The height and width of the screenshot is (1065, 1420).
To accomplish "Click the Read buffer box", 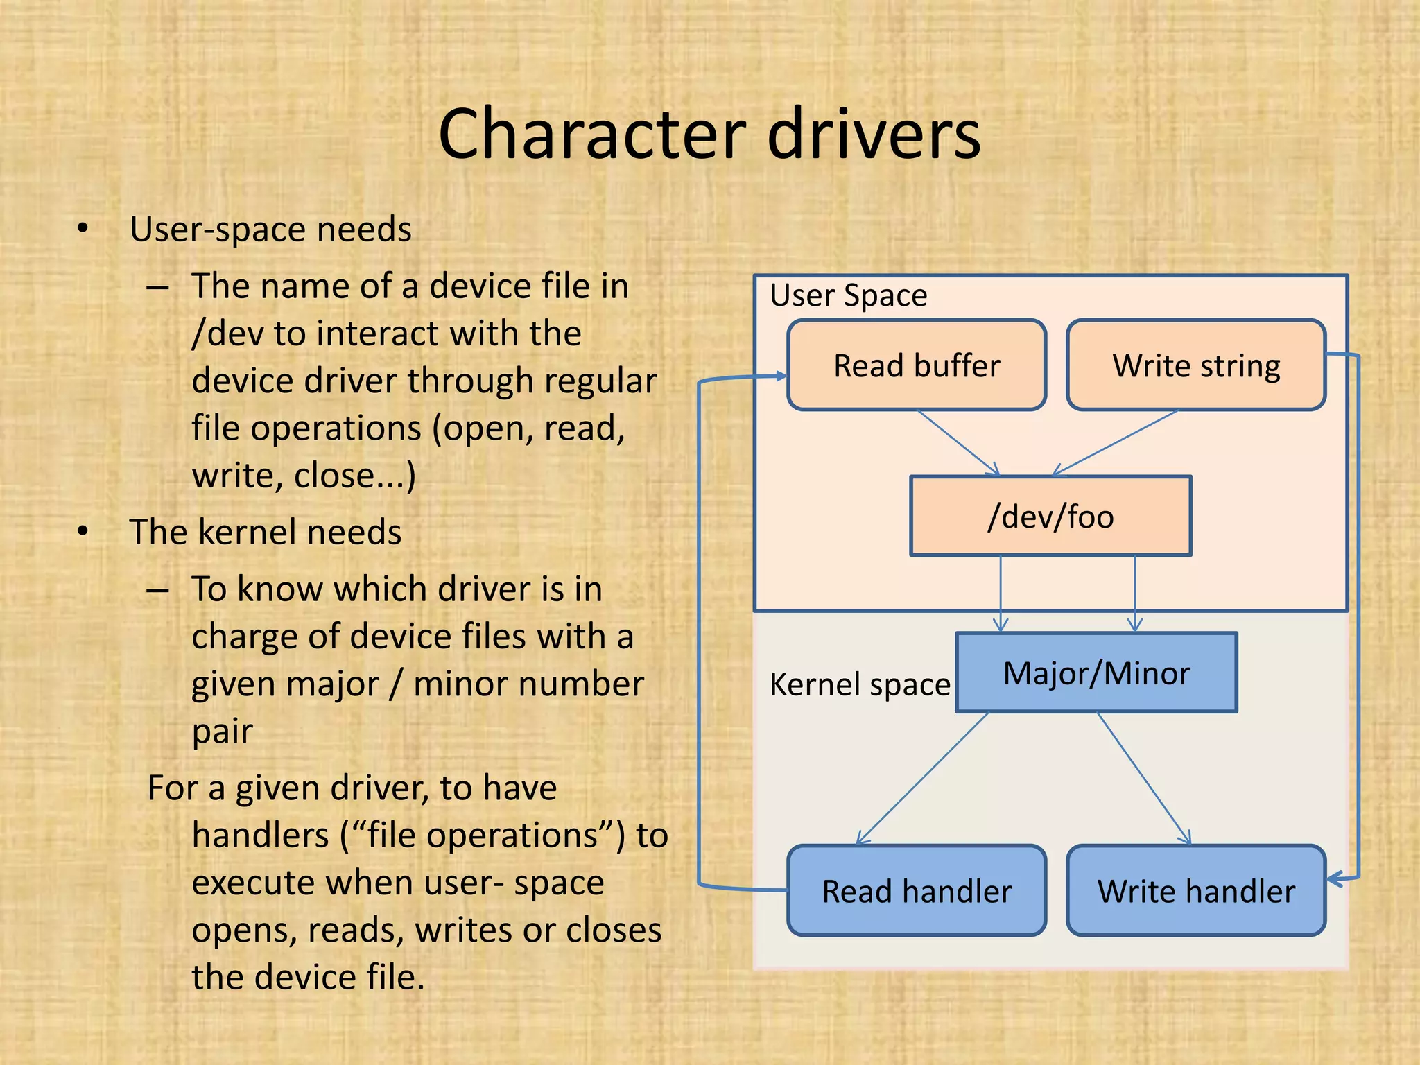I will (917, 365).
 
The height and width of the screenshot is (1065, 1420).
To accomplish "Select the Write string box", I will (1196, 365).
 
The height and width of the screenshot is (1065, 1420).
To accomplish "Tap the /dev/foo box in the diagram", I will (1050, 516).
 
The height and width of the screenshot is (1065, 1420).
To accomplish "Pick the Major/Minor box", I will (1096, 673).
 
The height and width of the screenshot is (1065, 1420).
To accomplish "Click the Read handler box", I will (917, 891).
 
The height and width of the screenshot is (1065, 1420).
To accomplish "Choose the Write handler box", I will (1196, 891).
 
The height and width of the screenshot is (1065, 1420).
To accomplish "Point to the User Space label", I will (848, 295).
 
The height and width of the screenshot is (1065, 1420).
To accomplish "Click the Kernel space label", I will (860, 684).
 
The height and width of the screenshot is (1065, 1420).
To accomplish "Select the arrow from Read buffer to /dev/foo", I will (958, 442).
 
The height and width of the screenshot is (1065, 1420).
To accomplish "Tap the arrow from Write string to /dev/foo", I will (1115, 442).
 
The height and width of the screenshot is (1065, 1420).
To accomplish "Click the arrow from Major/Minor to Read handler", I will (922, 778).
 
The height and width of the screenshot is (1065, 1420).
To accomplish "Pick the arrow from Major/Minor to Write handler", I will (1144, 778).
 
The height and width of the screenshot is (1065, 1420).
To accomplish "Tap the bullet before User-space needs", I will (83, 228).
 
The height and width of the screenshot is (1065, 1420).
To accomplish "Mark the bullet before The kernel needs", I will (83, 531).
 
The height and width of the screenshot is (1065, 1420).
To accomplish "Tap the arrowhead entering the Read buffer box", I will (781, 376).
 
